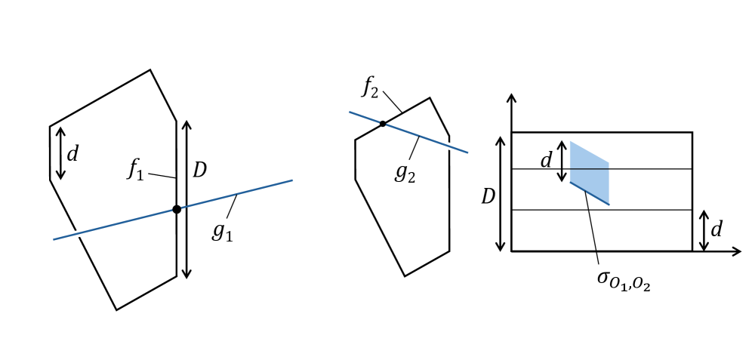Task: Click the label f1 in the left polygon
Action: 135,169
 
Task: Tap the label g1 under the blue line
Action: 222,230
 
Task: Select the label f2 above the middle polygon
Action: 370,87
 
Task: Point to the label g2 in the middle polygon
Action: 405,171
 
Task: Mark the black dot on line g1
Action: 177,209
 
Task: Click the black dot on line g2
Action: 383,124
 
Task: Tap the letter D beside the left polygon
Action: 199,171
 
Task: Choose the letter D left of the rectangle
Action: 489,197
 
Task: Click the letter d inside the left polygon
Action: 72,155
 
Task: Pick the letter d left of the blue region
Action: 546,161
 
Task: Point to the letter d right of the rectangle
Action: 717,229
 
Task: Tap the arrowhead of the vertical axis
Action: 511,98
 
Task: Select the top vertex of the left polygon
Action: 150,70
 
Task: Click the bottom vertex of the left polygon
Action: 116,309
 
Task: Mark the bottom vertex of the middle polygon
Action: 405,276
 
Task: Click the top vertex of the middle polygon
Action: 430,97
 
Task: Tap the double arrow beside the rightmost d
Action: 704,230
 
